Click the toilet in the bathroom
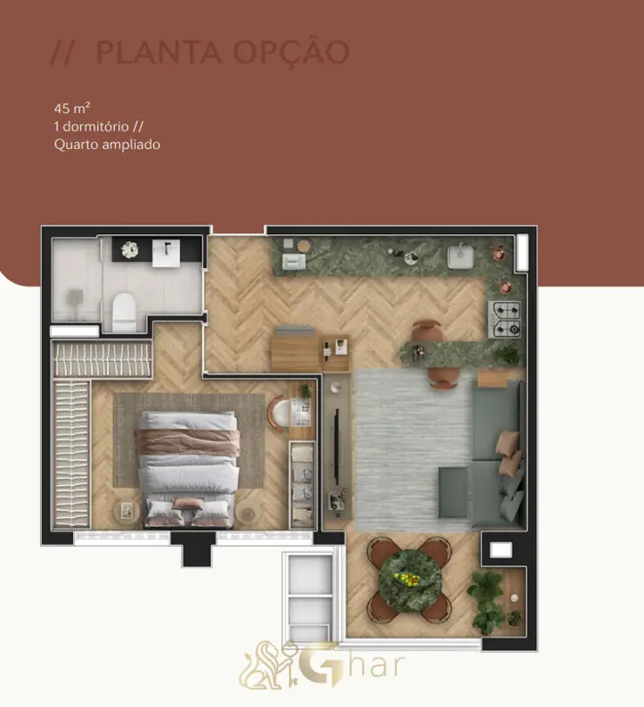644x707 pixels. (x=124, y=312)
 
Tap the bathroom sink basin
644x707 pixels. (x=166, y=253)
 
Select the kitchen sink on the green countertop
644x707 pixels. (x=460, y=256)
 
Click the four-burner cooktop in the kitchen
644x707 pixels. (x=506, y=320)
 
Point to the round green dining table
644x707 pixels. (x=410, y=581)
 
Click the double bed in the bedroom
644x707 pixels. (x=188, y=469)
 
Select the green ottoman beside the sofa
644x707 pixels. (x=453, y=493)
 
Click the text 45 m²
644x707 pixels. (x=72, y=108)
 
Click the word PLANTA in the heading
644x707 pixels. (x=159, y=52)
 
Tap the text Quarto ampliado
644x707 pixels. (x=107, y=145)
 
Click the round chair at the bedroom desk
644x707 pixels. (x=279, y=414)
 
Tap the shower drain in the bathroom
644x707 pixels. (x=75, y=297)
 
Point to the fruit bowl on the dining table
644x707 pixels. (x=409, y=579)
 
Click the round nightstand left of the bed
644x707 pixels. (x=126, y=511)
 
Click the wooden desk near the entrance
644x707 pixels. (x=310, y=352)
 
